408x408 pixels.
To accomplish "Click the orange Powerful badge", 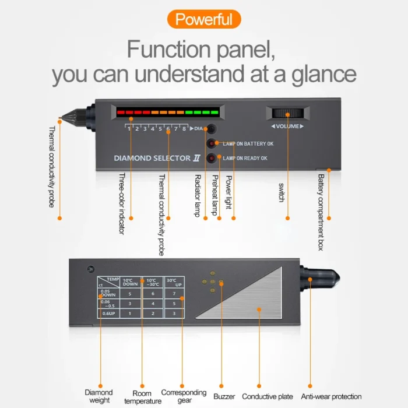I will [x=203, y=19].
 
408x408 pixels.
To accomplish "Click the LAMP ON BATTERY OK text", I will [x=248, y=143].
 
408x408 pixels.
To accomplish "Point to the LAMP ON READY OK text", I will [x=245, y=158].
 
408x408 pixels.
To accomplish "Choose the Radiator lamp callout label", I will [x=197, y=195].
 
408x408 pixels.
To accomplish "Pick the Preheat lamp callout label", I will [x=214, y=195].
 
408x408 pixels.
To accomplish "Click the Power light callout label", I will [x=228, y=193].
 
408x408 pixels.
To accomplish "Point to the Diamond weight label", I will [x=99, y=396].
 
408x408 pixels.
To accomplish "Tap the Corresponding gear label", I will [x=184, y=396].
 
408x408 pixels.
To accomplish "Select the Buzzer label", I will [x=224, y=397].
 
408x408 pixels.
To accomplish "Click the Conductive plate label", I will [x=268, y=397].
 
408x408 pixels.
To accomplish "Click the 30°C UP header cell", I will [x=174, y=283].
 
